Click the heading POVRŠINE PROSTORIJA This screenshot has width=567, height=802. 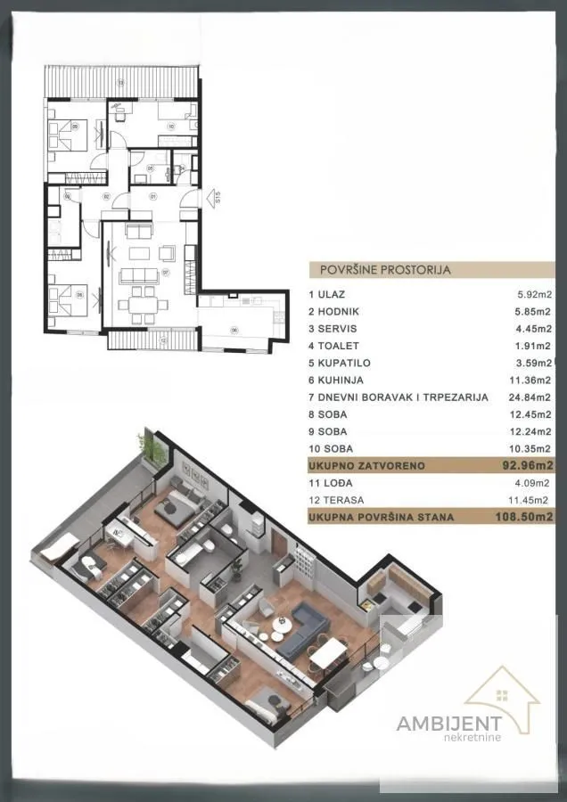(379, 268)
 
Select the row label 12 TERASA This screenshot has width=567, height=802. (336, 500)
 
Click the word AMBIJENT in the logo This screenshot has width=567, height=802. (448, 723)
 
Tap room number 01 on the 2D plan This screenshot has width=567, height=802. (152, 196)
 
